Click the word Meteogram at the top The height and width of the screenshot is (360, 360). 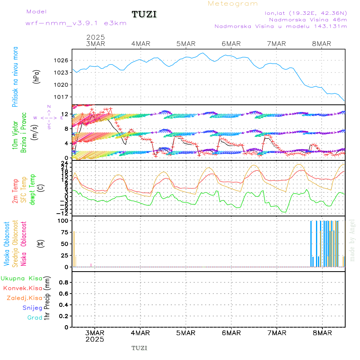233,4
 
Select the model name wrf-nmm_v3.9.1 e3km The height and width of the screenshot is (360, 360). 76,23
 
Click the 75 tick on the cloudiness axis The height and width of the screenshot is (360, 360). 64,232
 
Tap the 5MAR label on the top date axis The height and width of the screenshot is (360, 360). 186,44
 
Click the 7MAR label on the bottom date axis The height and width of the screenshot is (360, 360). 277,333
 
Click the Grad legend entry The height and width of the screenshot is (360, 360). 35,318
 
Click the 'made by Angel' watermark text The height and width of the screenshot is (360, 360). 352,240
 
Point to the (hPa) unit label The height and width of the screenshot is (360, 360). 37,76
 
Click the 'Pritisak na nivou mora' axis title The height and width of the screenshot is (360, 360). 15,76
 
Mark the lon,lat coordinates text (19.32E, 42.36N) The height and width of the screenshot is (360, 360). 306,13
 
